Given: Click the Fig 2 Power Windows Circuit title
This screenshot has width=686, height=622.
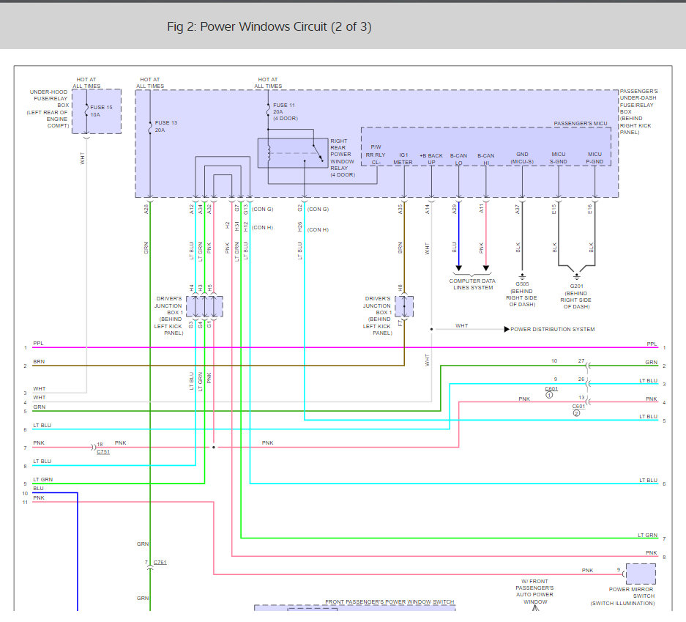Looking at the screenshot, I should (269, 27).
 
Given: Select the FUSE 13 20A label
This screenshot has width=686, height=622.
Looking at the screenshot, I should (166, 126).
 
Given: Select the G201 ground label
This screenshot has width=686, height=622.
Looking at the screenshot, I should (577, 287).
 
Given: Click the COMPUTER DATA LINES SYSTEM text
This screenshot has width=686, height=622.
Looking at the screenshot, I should (471, 284).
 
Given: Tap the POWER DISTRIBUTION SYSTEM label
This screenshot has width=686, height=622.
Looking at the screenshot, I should (553, 330).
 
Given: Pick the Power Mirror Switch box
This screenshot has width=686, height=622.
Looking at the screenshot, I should (641, 574).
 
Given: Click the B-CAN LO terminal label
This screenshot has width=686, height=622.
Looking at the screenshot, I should (458, 159).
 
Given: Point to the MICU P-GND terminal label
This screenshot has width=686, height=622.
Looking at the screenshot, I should (594, 159).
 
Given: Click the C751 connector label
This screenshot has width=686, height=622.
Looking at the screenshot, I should (103, 453).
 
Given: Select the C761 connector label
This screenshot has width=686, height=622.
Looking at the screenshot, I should (160, 562).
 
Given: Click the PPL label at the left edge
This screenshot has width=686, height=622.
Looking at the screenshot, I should (38, 342).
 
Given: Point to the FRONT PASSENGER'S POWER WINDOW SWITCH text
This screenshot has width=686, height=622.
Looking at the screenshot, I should (389, 602).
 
